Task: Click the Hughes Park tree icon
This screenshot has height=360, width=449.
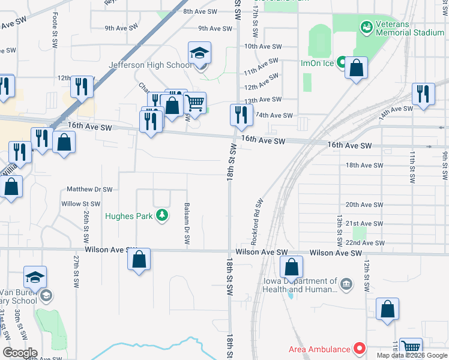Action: tap(161, 215)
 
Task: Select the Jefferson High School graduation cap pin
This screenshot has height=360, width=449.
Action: tap(200, 55)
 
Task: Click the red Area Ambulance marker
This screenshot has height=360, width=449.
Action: tap(360, 349)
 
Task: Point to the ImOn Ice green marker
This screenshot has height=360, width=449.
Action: tap(341, 62)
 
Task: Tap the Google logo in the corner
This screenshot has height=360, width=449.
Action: tap(20, 352)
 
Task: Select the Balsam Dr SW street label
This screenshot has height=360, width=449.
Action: tap(187, 223)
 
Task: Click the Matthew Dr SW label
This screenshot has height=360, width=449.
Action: tap(89, 189)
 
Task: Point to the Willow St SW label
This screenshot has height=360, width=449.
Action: tap(81, 204)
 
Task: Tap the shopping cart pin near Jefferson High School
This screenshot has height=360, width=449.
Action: tap(194, 104)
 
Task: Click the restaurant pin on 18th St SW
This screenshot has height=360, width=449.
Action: tap(241, 114)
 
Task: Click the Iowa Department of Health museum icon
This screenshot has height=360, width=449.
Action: tap(346, 284)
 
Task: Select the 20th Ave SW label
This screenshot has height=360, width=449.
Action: tap(364, 205)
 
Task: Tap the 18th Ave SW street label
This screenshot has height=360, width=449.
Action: tap(364, 165)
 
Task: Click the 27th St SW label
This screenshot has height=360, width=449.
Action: tap(77, 272)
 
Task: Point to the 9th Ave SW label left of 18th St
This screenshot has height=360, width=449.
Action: tap(214, 28)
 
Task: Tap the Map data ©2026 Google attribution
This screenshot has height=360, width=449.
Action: tap(411, 355)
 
